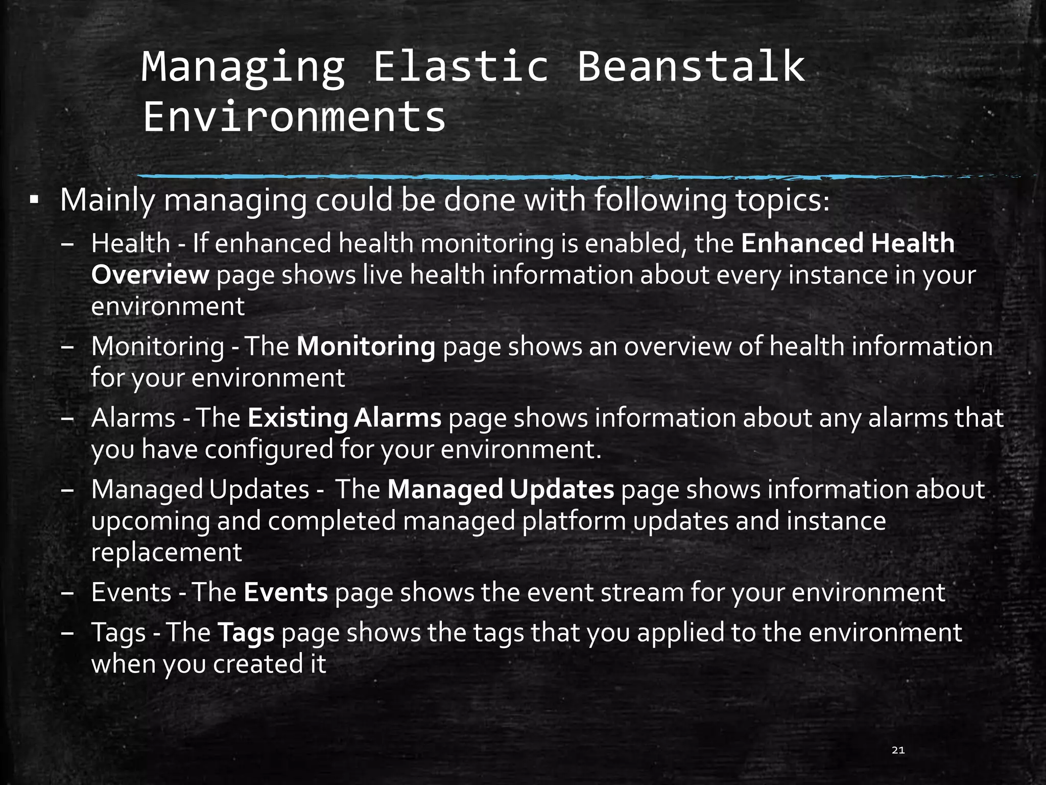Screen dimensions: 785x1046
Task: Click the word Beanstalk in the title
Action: coord(691,66)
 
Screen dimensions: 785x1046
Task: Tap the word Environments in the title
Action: coord(295,117)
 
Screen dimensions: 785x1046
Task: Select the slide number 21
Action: coord(898,750)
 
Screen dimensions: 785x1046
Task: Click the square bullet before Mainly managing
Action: coord(34,199)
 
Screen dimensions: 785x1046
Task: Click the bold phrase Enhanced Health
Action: coord(848,243)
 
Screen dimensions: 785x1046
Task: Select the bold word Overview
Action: coord(150,275)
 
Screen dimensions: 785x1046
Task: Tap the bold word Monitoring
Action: coord(366,347)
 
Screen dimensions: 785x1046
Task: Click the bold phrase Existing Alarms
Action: coord(344,418)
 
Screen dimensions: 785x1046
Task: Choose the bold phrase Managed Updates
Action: coord(501,490)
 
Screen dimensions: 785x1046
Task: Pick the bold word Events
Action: coord(286,593)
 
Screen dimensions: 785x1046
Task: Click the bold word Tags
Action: coord(246,633)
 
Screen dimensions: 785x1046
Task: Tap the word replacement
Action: coord(167,553)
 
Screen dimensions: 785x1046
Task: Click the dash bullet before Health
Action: coord(67,244)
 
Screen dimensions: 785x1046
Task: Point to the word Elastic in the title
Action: coord(461,66)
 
